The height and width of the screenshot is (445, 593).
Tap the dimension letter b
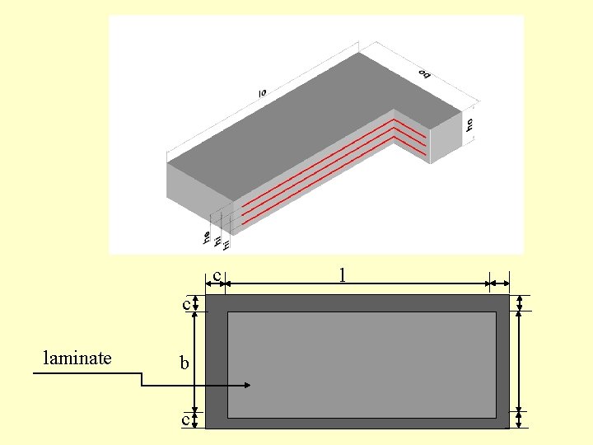(185, 363)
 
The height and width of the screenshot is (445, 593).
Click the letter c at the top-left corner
(217, 275)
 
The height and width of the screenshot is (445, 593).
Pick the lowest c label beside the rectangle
(186, 419)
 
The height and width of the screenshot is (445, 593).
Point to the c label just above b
(186, 304)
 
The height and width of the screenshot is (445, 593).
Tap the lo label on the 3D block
(262, 94)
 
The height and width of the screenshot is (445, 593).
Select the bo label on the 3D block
(425, 74)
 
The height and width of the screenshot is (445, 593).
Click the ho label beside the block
(469, 124)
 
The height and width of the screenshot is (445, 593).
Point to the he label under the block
(206, 237)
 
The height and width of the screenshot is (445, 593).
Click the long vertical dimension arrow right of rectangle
(520, 363)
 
